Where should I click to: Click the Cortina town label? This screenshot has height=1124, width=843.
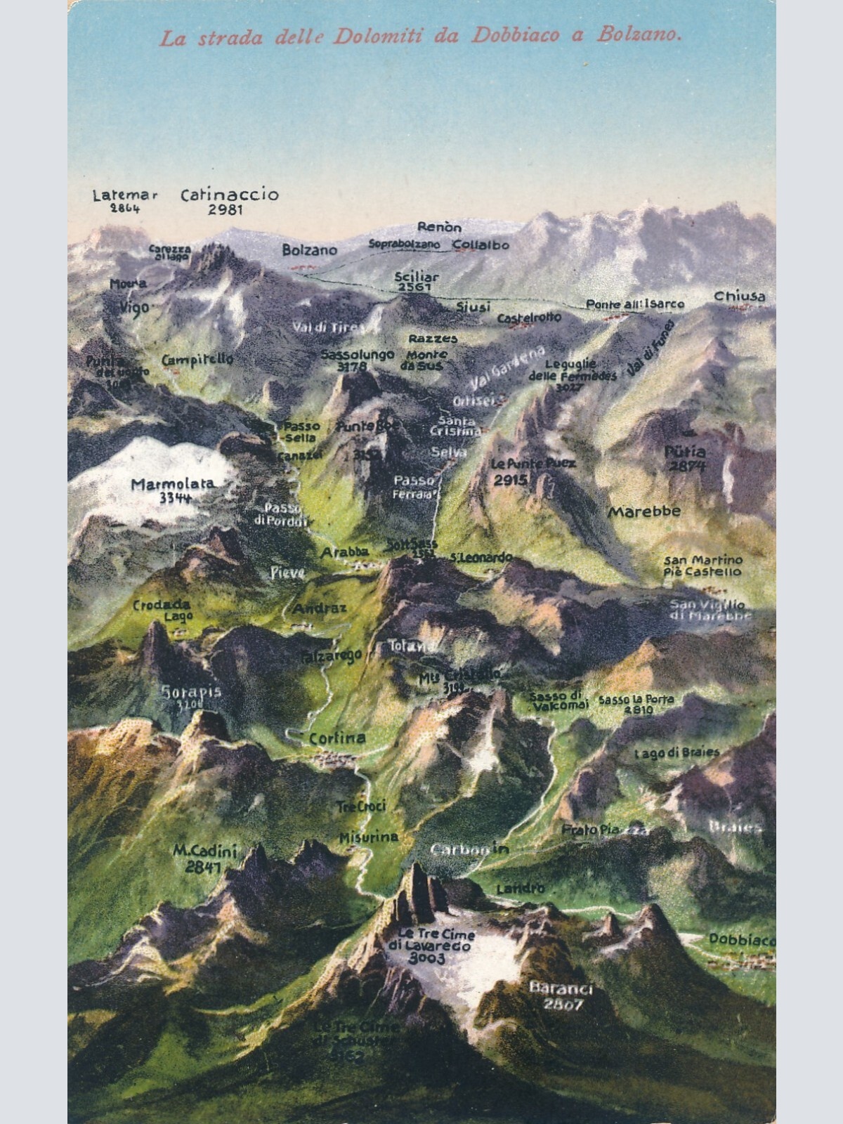coord(337,738)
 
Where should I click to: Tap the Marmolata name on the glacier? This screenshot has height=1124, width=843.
coord(173,484)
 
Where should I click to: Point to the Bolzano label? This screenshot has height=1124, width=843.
coord(310,249)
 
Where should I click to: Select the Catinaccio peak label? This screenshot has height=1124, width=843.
coord(230,195)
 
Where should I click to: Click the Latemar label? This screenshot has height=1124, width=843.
coord(125,195)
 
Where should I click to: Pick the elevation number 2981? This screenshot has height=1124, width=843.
coord(226,209)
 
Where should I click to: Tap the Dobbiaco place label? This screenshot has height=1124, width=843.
coord(741,939)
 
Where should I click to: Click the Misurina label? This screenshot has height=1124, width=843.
coord(369,837)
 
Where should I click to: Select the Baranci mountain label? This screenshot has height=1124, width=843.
coord(561,988)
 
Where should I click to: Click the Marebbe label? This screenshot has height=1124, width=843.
coord(643,511)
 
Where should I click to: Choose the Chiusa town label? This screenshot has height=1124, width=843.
coord(740,296)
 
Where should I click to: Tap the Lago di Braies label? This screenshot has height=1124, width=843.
coord(677,752)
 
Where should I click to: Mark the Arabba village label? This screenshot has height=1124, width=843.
coord(344,553)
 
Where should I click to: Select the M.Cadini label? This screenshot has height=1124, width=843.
coord(205,851)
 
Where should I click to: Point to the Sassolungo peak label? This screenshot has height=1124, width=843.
coord(358,355)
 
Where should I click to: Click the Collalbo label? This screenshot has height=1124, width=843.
coord(481,244)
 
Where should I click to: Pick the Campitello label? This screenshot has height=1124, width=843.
coord(197,360)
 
